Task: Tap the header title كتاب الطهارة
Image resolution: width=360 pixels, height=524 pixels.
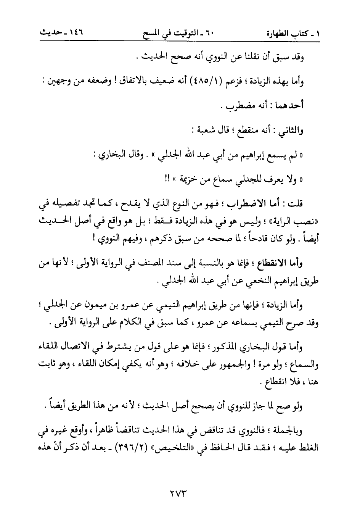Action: pos(289,34)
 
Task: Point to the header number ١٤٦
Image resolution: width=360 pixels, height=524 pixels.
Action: pos(75,34)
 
